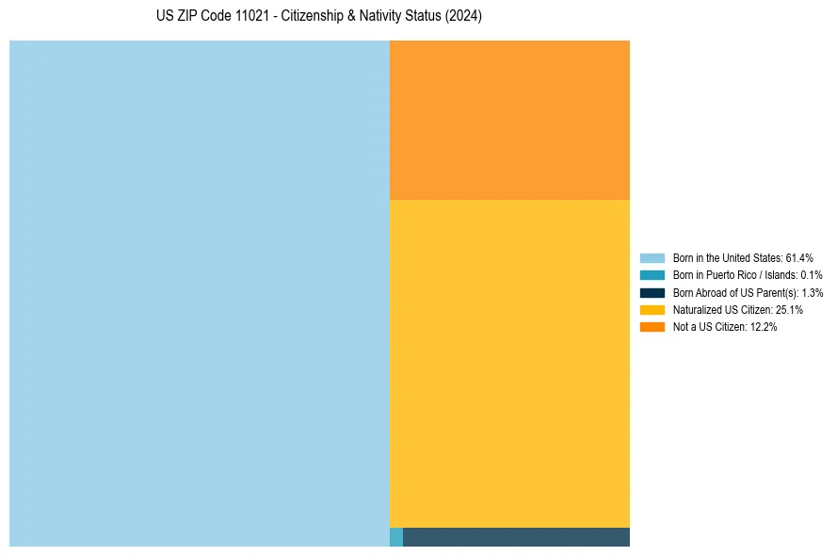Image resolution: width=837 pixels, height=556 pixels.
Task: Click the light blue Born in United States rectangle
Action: click(200, 293)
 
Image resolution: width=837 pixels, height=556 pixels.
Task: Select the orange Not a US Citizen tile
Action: click(509, 120)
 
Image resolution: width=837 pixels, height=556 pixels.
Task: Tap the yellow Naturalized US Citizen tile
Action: click(509, 363)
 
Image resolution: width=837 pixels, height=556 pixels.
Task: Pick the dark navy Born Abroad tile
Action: click(516, 537)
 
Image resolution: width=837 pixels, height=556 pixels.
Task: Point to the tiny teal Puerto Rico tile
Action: click(396, 537)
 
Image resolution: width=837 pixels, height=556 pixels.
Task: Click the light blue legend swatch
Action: click(652, 258)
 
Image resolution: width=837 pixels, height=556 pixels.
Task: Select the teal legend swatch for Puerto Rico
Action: click(652, 275)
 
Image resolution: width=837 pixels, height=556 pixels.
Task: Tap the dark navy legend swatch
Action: click(652, 293)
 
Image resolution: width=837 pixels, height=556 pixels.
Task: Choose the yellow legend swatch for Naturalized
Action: click(652, 310)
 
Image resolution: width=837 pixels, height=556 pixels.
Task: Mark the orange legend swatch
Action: click(652, 327)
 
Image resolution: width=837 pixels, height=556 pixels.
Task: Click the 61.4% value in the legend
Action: click(799, 258)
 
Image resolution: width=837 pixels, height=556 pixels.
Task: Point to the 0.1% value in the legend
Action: click(812, 275)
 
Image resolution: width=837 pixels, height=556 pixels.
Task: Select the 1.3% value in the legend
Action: click(812, 293)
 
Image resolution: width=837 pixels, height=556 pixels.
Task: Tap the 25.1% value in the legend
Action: click(789, 310)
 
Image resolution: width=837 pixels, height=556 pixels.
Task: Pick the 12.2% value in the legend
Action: click(764, 327)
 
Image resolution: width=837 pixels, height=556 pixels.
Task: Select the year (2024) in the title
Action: click(462, 17)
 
